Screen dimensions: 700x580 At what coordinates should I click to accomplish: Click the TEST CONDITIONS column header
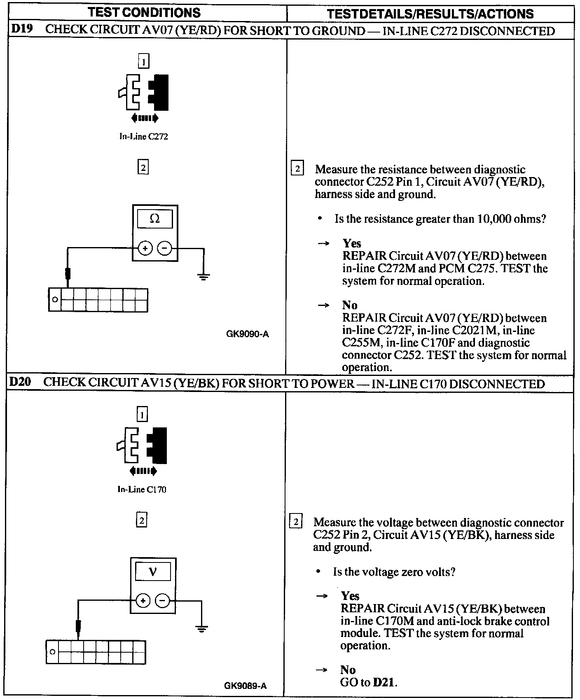tap(144, 13)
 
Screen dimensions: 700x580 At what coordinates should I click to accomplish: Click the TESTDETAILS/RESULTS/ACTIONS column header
tap(430, 14)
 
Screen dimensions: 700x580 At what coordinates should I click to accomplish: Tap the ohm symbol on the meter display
tap(155, 219)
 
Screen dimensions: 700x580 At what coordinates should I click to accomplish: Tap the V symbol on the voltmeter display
tap(153, 572)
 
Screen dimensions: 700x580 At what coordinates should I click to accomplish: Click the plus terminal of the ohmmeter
tap(145, 248)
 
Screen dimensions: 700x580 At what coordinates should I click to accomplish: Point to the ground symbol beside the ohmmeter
tap(203, 276)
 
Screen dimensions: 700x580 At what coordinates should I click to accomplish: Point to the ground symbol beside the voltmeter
tap(201, 629)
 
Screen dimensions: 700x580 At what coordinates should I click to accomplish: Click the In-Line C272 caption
tap(144, 137)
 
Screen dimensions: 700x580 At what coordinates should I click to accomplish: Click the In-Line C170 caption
tap(142, 490)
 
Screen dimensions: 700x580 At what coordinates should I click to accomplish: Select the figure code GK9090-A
tap(247, 334)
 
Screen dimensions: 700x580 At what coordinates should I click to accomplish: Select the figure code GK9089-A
tap(246, 686)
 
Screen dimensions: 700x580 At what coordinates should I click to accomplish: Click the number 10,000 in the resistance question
tap(494, 219)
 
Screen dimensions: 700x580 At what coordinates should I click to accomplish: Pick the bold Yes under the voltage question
tap(350, 596)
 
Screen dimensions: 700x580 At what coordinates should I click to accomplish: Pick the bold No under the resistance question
tap(350, 305)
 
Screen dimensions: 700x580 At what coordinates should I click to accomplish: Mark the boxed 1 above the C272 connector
tap(143, 62)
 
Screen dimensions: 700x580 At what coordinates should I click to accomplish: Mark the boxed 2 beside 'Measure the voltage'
tap(296, 522)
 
